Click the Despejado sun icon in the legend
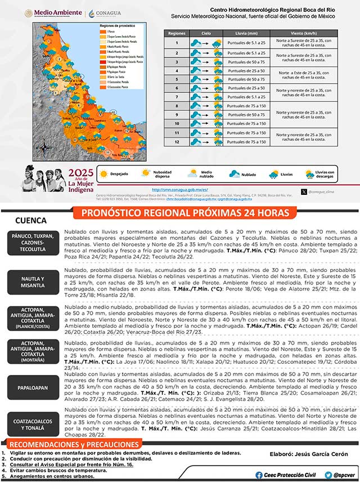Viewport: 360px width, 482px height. coord(103,174)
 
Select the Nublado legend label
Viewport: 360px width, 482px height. coord(249,175)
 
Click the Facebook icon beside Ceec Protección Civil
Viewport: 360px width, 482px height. coord(258,475)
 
